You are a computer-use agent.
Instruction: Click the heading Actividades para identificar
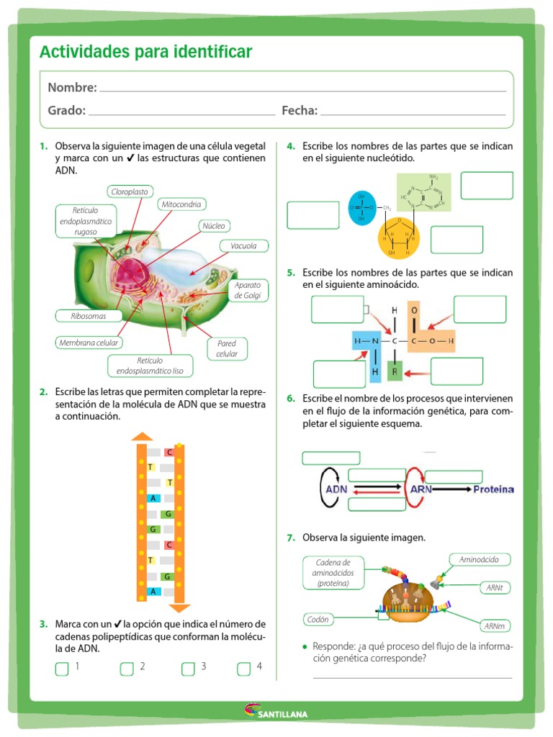tap(145, 52)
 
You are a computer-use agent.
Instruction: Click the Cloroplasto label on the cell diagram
tap(130, 191)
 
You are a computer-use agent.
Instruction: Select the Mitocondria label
tap(181, 204)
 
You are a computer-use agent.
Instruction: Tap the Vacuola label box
tap(243, 246)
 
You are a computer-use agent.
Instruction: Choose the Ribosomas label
tap(89, 316)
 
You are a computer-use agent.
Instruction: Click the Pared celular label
tap(227, 348)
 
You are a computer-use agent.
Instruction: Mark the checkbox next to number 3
tap(188, 669)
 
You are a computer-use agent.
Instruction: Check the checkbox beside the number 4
tap(244, 669)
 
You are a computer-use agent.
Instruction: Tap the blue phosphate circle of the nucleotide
tap(361, 208)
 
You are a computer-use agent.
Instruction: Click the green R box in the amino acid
tap(395, 371)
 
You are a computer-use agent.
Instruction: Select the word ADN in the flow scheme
tap(336, 489)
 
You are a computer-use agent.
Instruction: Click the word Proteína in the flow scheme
tap(493, 489)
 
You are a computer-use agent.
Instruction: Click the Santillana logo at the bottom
tap(276, 713)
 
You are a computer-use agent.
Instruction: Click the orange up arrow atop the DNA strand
tap(142, 436)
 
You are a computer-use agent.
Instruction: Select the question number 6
tap(291, 398)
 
